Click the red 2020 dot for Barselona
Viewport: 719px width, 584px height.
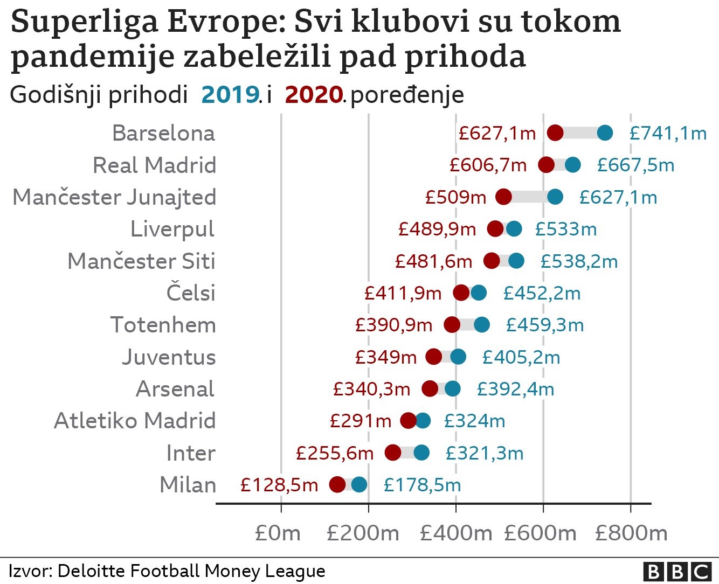(x=555, y=133)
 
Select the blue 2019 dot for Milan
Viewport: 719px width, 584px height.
(x=359, y=484)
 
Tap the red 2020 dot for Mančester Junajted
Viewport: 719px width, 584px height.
(x=503, y=197)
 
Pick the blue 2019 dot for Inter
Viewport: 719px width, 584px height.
(x=421, y=453)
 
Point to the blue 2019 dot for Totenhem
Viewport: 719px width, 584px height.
(x=482, y=324)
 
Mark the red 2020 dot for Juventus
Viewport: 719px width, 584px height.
(x=434, y=357)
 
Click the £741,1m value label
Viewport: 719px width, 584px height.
(x=668, y=133)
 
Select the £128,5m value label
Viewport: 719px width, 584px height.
(x=279, y=485)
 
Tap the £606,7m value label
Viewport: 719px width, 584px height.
(x=488, y=165)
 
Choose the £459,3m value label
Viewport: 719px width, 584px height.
(x=545, y=325)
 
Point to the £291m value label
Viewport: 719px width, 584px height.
(x=360, y=421)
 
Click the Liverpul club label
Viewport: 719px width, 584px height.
(x=172, y=229)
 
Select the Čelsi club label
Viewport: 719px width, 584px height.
(x=191, y=293)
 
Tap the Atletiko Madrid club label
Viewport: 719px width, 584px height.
(x=135, y=421)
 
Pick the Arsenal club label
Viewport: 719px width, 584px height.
(x=175, y=389)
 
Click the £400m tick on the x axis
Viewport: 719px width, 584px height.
(x=456, y=533)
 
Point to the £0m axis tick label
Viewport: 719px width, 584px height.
(x=278, y=533)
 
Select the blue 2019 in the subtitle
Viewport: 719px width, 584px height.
(x=230, y=95)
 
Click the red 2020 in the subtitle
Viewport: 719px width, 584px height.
(x=314, y=95)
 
